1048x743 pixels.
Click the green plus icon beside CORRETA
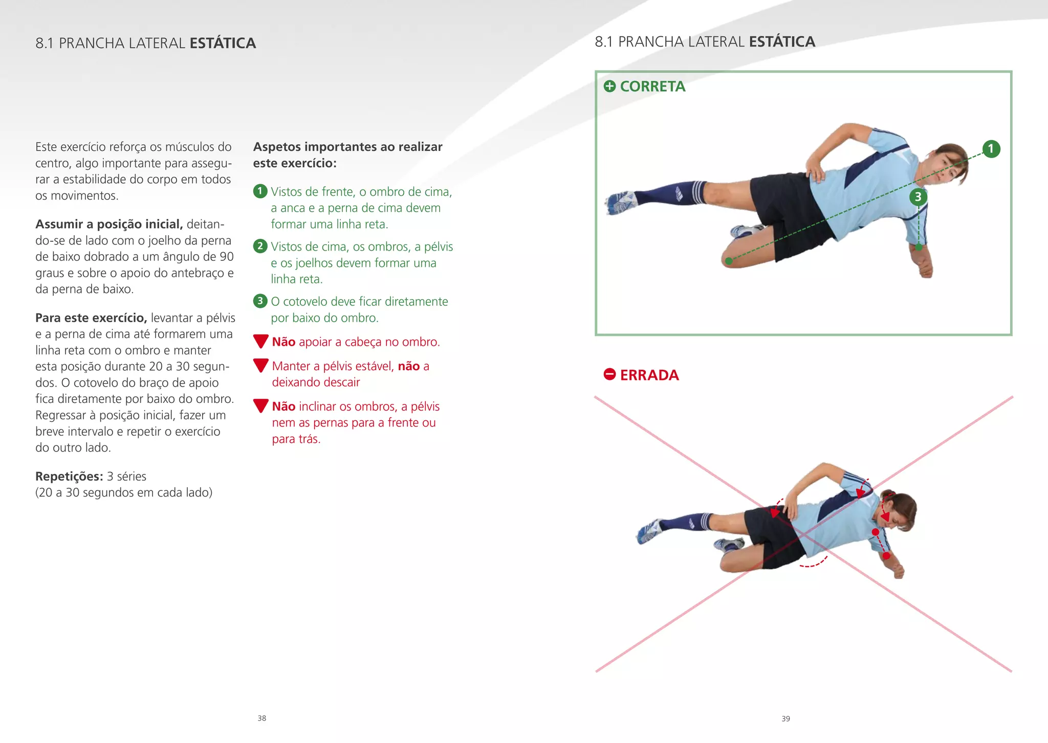click(x=609, y=86)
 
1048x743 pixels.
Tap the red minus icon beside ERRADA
click(x=609, y=374)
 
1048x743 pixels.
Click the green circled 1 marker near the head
click(x=991, y=149)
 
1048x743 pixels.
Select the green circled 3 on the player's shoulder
click(x=918, y=197)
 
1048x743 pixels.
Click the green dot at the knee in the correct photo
click(x=729, y=261)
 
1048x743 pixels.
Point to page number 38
click(x=261, y=718)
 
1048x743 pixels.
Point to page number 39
click(x=785, y=718)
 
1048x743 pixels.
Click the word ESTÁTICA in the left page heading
click(x=223, y=43)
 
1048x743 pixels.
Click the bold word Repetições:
click(x=69, y=476)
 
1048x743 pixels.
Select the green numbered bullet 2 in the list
click(x=260, y=246)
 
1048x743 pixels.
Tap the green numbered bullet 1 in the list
click(x=260, y=191)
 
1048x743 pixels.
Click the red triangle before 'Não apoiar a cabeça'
click(x=261, y=341)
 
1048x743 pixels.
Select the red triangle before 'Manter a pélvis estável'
click(x=261, y=365)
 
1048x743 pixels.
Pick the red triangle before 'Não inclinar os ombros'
click(x=261, y=406)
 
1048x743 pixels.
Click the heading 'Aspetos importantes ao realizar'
click(x=347, y=147)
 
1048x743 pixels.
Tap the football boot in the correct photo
click(x=620, y=202)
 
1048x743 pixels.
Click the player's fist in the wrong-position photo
click(x=898, y=571)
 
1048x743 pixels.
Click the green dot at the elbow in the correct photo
click(x=919, y=247)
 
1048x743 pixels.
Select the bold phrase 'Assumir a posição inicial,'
click(x=109, y=224)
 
